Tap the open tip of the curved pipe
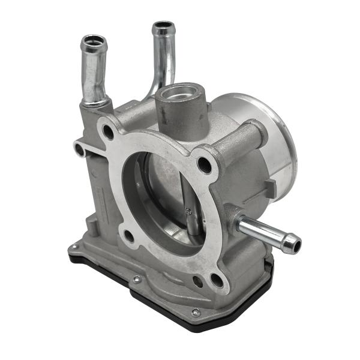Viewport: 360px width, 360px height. [163, 28]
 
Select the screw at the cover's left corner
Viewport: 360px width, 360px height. [73, 247]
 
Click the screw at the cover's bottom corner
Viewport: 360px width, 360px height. [196, 312]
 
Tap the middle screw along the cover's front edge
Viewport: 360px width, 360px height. [137, 278]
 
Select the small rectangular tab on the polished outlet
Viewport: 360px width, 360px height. [271, 189]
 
